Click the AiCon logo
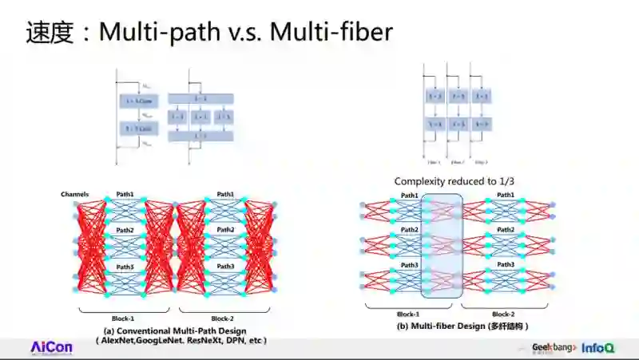click(x=51, y=348)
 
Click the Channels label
click(x=74, y=195)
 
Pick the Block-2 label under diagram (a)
click(x=222, y=318)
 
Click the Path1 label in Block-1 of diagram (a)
click(x=124, y=195)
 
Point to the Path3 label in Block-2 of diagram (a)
click(x=226, y=267)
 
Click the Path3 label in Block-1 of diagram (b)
click(x=410, y=264)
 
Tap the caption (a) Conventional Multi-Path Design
click(x=175, y=330)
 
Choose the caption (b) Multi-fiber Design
click(x=463, y=326)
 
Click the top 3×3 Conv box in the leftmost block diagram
click(x=138, y=101)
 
